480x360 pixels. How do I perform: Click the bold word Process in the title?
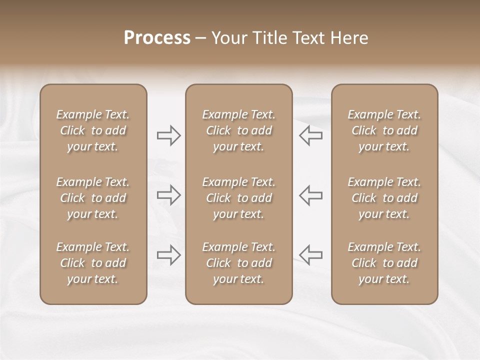click(x=157, y=38)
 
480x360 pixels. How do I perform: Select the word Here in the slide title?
click(x=349, y=38)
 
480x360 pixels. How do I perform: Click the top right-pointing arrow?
click(x=169, y=135)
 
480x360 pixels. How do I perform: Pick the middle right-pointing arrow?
click(x=169, y=195)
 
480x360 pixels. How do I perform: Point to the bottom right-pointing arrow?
click(x=169, y=255)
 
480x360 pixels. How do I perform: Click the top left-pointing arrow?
click(x=311, y=135)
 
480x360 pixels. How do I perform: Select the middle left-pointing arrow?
click(x=311, y=195)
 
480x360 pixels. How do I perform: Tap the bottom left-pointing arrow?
click(x=311, y=255)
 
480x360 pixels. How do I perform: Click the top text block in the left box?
click(x=93, y=130)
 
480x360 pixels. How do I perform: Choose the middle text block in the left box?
click(x=93, y=198)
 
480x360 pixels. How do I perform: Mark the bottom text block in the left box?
click(x=93, y=263)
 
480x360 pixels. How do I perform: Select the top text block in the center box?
click(x=239, y=130)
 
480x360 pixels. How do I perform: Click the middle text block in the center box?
click(x=239, y=198)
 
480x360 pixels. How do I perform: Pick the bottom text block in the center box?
click(x=239, y=263)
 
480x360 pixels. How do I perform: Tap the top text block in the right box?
click(x=384, y=130)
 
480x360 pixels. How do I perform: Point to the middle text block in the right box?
click(x=384, y=198)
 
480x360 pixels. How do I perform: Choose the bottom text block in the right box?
click(x=384, y=263)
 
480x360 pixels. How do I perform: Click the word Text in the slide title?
click(x=307, y=38)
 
